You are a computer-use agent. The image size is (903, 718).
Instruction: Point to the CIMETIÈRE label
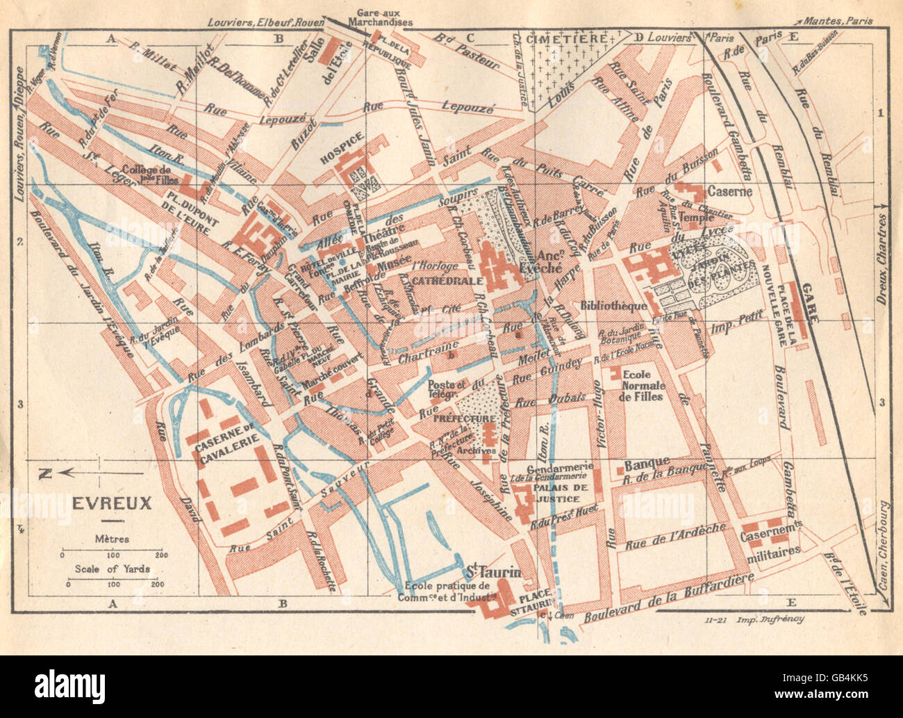(567, 38)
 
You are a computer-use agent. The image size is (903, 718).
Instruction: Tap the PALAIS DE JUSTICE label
(557, 493)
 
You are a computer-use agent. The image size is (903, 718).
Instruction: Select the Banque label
(647, 462)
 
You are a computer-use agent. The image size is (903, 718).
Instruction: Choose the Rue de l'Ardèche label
(675, 536)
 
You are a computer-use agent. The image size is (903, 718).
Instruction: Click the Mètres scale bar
(111, 555)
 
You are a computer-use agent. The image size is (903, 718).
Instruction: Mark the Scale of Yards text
(112, 569)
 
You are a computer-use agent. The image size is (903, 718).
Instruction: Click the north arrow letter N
(45, 474)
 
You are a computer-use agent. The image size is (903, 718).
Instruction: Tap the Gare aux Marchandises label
(383, 17)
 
